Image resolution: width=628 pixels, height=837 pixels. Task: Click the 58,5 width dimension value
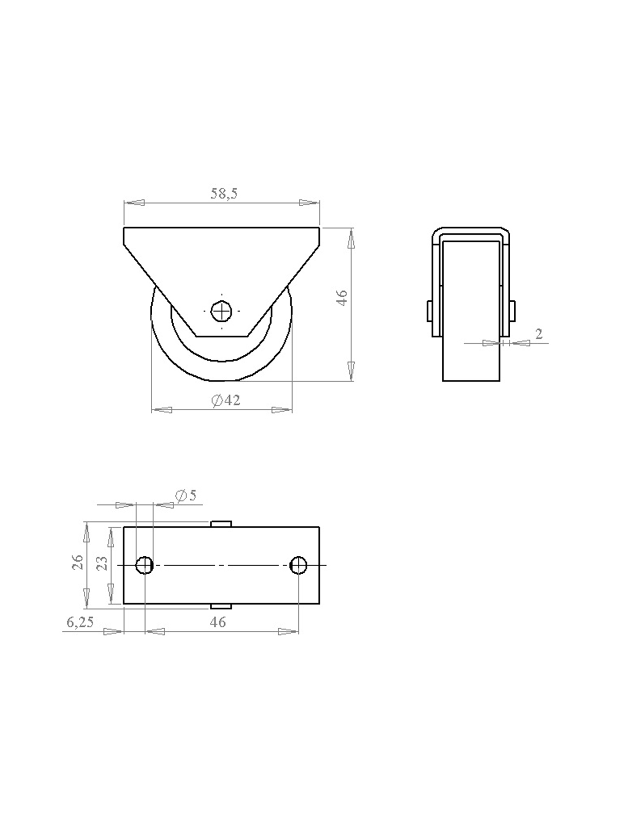pos(224,193)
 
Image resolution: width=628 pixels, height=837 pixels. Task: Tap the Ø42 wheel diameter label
pos(226,400)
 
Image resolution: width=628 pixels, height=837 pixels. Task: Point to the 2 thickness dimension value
pos(539,334)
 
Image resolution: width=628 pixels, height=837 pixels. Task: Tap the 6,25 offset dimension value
pos(80,622)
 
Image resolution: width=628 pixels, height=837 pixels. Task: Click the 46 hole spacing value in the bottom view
pos(218,622)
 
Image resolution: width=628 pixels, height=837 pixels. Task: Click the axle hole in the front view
pos(222,311)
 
